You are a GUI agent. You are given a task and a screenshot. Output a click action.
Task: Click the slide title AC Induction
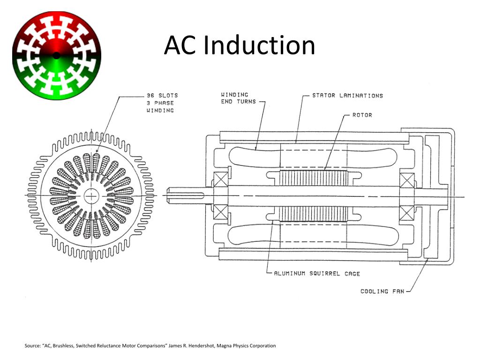point(240,46)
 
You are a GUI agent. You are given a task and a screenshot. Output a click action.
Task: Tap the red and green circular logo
point(56,55)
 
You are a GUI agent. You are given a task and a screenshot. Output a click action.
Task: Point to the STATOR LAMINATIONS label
point(347,96)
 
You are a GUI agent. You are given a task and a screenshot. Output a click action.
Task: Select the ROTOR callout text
point(362,115)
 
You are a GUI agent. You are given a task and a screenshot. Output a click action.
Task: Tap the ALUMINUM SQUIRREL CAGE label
point(317,273)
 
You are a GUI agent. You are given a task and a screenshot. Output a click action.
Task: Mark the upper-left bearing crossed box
point(220,181)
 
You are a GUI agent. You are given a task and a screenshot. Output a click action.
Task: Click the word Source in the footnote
point(32,346)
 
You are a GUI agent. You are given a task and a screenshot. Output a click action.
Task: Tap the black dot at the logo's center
point(56,55)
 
